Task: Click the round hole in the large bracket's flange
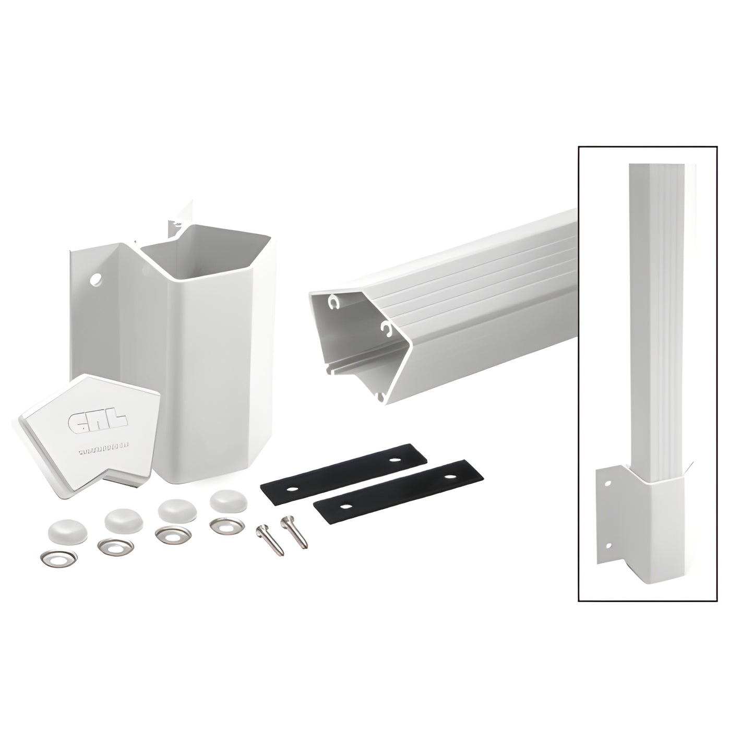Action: [96, 280]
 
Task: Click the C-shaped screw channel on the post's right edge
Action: [386, 329]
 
